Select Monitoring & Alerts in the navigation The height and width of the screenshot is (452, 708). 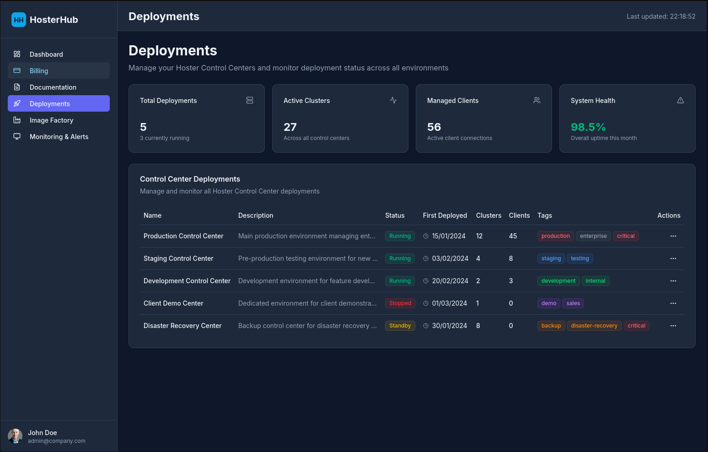coord(59,137)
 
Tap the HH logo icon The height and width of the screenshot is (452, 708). coord(19,20)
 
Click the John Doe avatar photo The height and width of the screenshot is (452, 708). coord(15,436)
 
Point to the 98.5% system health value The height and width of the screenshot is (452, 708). coord(588,127)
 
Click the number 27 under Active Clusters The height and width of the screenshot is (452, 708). coord(290,127)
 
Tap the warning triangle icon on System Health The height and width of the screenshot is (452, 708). coord(681,101)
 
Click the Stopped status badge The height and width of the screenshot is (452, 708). coord(400,303)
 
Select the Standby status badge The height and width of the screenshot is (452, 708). coord(400,326)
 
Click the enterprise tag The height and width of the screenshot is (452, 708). coord(593,236)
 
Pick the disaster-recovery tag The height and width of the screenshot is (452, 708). coord(594,326)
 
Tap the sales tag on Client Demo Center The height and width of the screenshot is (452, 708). coord(573,303)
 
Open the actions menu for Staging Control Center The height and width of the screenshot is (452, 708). coord(673,258)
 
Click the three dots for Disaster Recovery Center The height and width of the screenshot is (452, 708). coord(673,326)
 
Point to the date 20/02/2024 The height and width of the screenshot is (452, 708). coord(450,281)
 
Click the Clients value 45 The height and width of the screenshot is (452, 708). coord(513,236)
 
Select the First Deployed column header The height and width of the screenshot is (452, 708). coord(445,215)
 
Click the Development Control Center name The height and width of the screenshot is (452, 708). coord(187,281)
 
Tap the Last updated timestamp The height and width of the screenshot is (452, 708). coord(660,16)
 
